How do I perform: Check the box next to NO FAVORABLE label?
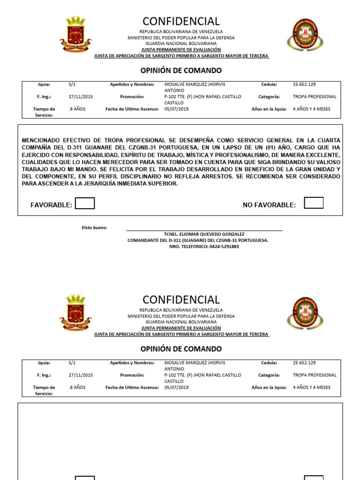point(314,203)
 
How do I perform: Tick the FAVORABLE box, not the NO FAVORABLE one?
point(85,203)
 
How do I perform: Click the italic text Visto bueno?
point(94,227)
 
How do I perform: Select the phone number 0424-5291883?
point(224,247)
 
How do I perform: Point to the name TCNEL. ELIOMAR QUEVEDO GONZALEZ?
point(204,234)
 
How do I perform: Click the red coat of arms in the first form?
point(75,34)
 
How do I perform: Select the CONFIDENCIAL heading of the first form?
point(181,22)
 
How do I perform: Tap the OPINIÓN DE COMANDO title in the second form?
point(181,349)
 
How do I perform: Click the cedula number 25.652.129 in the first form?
point(304,84)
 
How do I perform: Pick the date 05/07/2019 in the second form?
point(176,387)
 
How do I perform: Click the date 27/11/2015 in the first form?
point(81,97)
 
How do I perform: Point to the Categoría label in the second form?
point(269,375)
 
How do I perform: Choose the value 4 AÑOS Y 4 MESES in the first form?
point(311,109)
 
